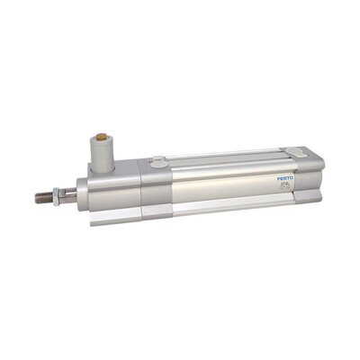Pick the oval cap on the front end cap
tap(157, 163)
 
